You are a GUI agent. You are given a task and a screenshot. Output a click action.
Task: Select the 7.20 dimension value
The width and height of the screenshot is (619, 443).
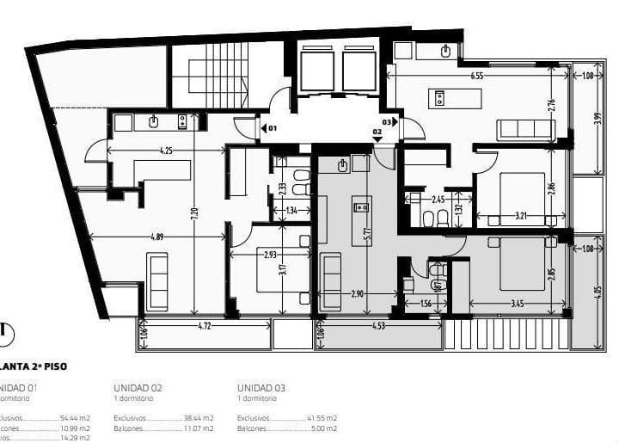click(x=195, y=212)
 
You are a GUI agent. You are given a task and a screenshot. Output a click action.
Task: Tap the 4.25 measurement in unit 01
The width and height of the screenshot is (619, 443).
click(x=166, y=151)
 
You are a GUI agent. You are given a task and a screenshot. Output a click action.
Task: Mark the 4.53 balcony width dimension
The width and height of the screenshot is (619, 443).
click(x=378, y=326)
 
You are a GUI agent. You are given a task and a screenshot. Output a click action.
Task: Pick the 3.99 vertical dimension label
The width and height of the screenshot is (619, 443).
click(x=598, y=118)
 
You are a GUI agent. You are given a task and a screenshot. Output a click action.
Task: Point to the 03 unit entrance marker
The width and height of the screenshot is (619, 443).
click(x=389, y=122)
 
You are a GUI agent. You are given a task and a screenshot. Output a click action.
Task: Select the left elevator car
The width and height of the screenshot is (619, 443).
click(x=317, y=71)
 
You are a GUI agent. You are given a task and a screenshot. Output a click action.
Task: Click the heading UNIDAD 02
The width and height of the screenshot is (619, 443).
click(x=138, y=388)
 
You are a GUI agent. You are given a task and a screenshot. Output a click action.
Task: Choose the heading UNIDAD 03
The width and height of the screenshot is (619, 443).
click(x=261, y=388)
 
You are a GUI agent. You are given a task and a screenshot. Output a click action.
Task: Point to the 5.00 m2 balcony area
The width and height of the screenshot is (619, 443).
click(x=324, y=428)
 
